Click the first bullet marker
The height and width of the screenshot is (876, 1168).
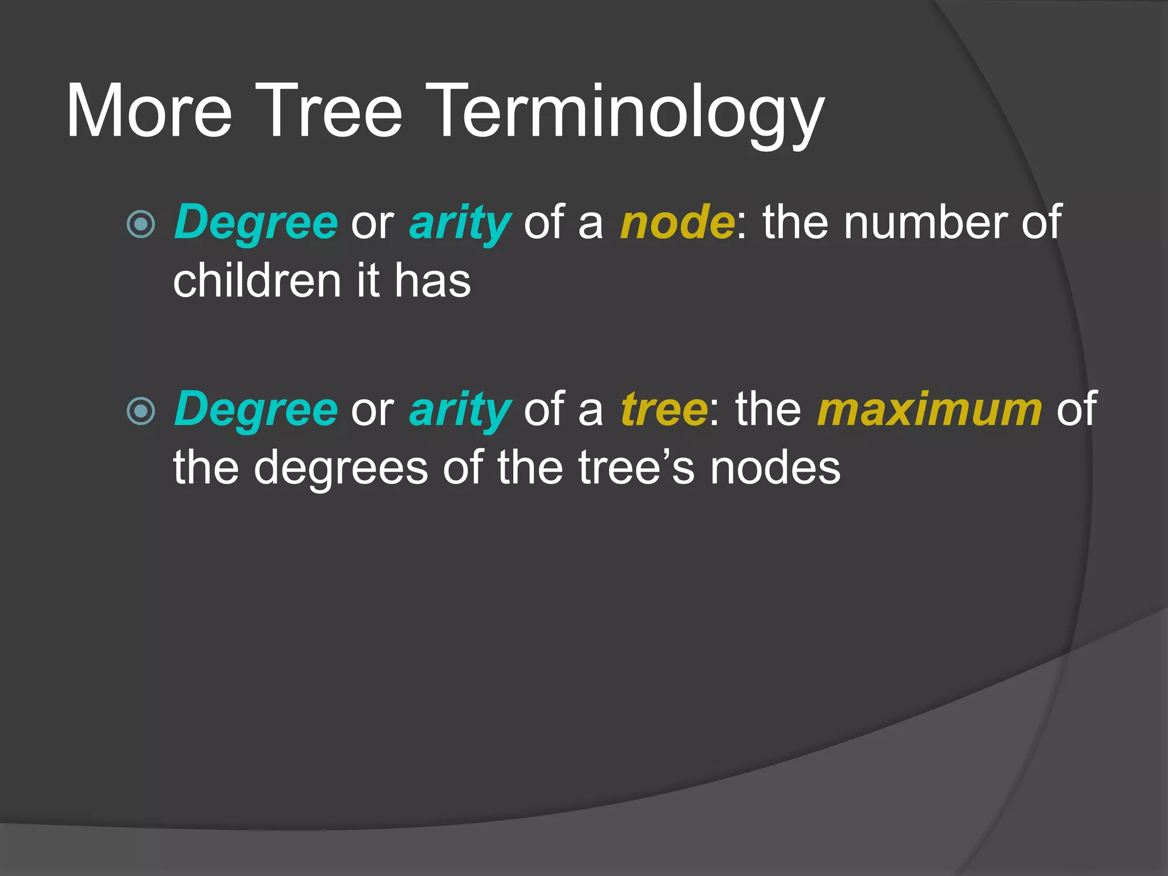click(141, 224)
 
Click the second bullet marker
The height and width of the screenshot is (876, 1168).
click(141, 411)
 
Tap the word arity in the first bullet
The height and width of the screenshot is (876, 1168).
click(460, 224)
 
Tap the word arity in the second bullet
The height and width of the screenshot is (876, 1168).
click(460, 411)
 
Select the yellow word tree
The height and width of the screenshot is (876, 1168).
click(664, 409)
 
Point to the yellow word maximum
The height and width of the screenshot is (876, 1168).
click(930, 409)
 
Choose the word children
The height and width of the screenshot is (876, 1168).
click(257, 281)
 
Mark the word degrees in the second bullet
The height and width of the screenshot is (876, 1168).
click(340, 468)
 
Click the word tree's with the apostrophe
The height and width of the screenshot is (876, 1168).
click(636, 468)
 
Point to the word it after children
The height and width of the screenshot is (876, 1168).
click(368, 281)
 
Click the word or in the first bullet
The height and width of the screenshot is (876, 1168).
click(372, 224)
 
